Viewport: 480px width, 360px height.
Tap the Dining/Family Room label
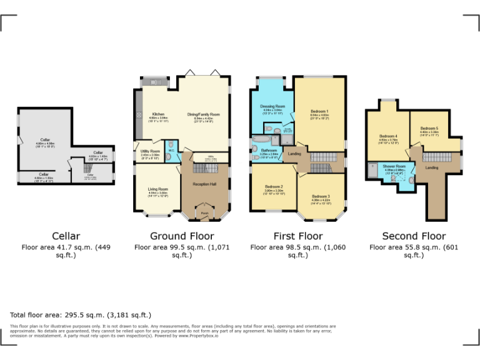(x=204, y=114)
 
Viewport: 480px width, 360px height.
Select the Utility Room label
(x=150, y=151)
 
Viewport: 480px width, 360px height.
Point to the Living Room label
(x=157, y=189)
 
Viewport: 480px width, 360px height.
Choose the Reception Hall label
(x=204, y=184)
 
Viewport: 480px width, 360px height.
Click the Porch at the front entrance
(x=204, y=213)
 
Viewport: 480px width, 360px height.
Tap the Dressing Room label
(x=272, y=107)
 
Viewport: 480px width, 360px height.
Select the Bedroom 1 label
(x=319, y=111)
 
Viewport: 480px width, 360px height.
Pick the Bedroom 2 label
(x=274, y=187)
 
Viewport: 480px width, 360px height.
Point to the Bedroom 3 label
(x=321, y=197)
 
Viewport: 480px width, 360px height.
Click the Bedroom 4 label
(x=388, y=136)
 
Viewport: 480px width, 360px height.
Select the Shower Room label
(x=394, y=166)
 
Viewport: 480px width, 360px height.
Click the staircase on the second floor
(x=440, y=156)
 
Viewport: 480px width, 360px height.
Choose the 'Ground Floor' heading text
(x=182, y=236)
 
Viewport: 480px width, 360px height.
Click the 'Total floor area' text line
(x=81, y=314)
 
